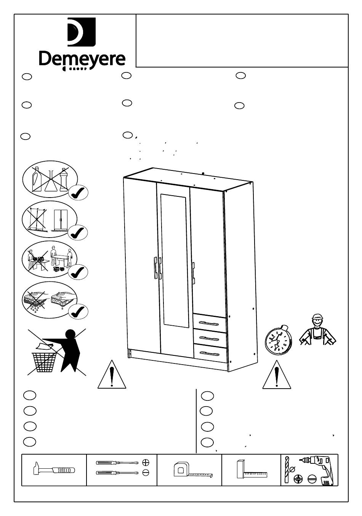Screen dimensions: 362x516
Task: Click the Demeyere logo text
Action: (82, 59)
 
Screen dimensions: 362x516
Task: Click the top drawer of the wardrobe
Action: (210, 323)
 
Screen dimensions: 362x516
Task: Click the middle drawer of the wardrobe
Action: (210, 338)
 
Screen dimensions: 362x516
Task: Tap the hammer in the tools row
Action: (53, 469)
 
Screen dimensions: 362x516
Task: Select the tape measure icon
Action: (191, 470)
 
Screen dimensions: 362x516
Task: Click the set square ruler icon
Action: (251, 469)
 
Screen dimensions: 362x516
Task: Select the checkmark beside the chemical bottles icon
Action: (78, 193)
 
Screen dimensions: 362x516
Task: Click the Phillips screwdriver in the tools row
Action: (116, 463)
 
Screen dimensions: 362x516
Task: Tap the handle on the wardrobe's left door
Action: (155, 268)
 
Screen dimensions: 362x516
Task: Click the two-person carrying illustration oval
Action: (50, 259)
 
